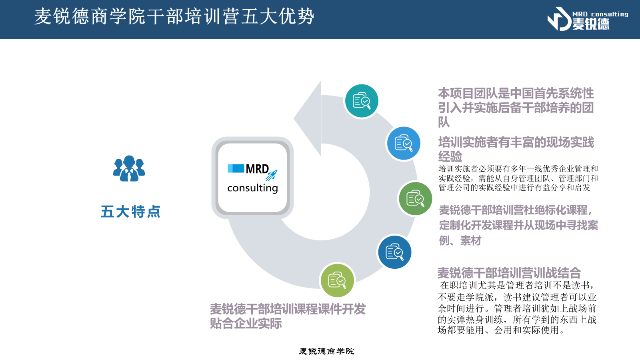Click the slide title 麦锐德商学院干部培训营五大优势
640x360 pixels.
pos(174,16)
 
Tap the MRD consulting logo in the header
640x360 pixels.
pos(588,19)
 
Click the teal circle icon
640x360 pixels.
pos(362,101)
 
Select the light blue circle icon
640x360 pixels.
pos(404,143)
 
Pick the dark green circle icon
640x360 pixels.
pos(415,198)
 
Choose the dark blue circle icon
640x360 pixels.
pos(394,252)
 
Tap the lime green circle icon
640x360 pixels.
pos(337,280)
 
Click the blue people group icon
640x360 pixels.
pos(129,168)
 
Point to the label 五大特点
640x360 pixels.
pos(130,212)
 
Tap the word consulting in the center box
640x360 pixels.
pos(252,188)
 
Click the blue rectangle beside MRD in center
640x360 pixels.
pos(236,168)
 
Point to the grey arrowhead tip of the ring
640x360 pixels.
pos(320,81)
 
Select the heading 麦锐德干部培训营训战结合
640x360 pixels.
pos(509,272)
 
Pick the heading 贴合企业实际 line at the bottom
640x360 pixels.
pos(246,324)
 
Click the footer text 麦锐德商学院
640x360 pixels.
pos(326,351)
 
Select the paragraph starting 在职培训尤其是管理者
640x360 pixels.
pos(517,308)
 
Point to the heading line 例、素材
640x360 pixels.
pos(460,240)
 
